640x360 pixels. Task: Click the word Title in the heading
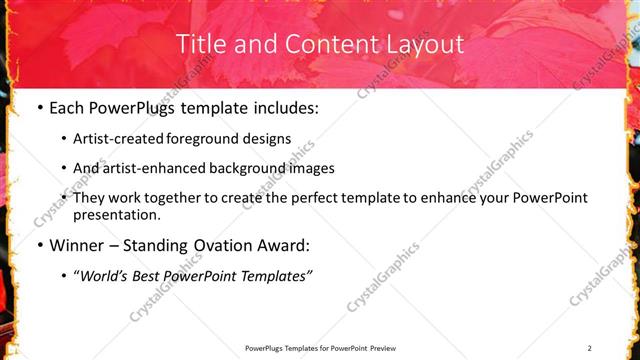coord(201,44)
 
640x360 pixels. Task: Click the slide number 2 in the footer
coord(590,348)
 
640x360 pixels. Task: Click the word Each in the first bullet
coord(67,108)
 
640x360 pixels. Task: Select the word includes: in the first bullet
coord(283,108)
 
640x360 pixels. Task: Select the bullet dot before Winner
coord(39,245)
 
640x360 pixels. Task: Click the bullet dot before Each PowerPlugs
coord(39,108)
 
